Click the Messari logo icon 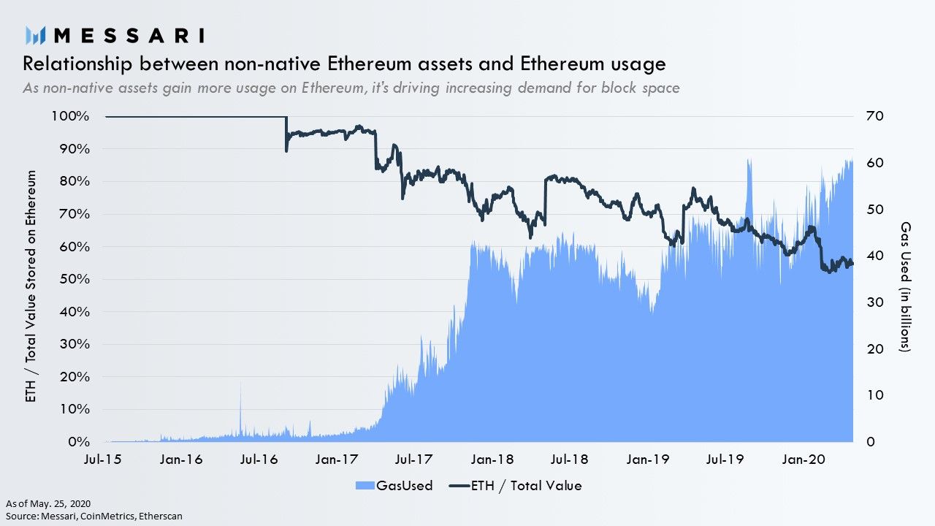[35, 36]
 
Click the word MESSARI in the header [129, 36]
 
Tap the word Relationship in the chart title [77, 64]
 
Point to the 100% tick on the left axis [70, 116]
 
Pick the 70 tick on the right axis [875, 116]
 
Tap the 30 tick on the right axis [875, 302]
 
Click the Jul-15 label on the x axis [102, 460]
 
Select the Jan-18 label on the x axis [492, 460]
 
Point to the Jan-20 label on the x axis [804, 460]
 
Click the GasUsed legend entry [394, 486]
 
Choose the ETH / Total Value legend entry [515, 486]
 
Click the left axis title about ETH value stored [31, 286]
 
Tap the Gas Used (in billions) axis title [905, 286]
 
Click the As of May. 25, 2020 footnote [48, 503]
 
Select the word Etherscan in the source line [161, 516]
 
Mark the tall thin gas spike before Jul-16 [240, 409]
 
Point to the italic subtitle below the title [351, 88]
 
